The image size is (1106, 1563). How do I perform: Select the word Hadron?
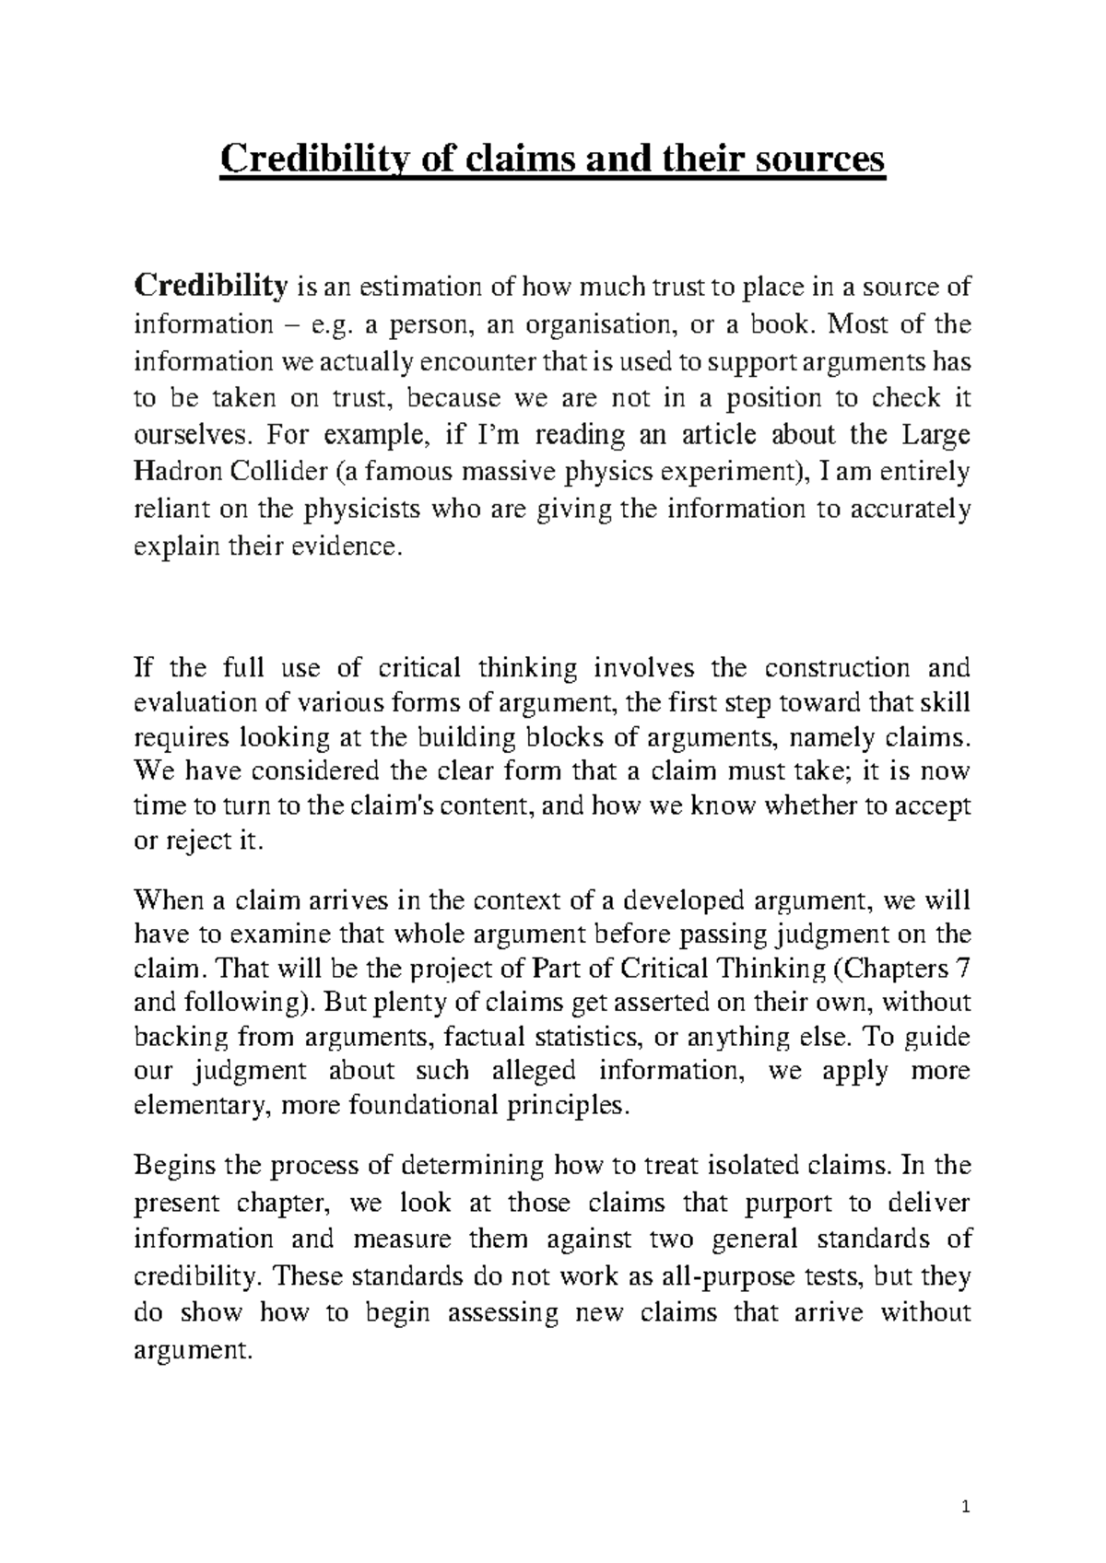coord(173,473)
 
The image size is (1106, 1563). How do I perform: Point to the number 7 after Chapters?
coord(963,969)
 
